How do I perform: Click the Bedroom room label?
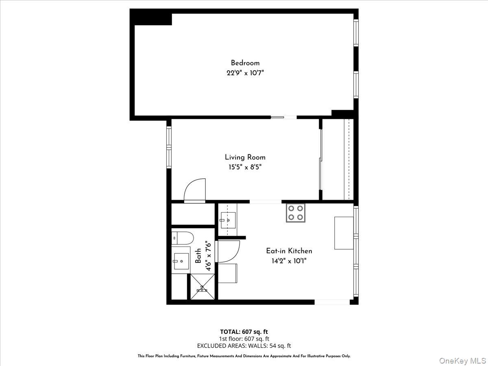(x=245, y=63)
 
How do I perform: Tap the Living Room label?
(x=245, y=157)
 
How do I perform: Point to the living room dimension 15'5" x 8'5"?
(x=245, y=167)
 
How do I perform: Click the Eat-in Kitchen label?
(x=289, y=251)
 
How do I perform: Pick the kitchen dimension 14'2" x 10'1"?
(x=289, y=261)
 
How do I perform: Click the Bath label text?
(x=198, y=256)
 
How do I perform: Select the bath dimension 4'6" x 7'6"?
(x=208, y=256)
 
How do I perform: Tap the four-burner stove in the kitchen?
(x=296, y=213)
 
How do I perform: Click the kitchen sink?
(x=227, y=220)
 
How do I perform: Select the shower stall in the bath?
(x=202, y=288)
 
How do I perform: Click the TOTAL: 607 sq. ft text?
(x=244, y=331)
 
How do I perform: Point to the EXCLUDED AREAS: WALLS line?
(x=244, y=346)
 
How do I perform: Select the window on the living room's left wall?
(x=169, y=146)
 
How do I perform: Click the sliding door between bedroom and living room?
(x=283, y=118)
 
